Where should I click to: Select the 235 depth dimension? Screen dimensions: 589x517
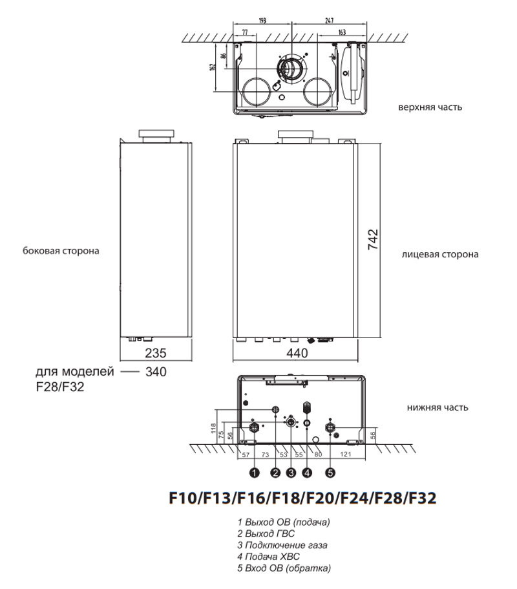[155, 354]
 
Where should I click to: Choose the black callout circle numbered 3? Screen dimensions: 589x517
[291, 473]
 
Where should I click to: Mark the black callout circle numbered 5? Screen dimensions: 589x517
[330, 473]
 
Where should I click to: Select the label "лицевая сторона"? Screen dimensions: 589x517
[440, 254]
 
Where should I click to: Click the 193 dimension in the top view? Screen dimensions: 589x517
[262, 21]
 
